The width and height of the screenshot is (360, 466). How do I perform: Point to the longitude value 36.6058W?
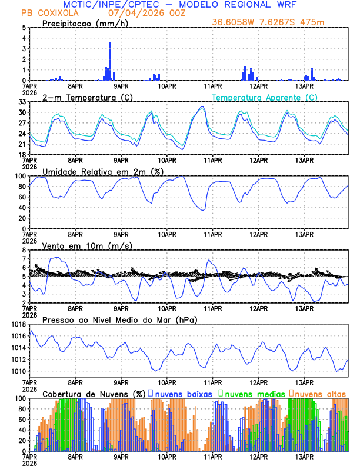tap(235, 22)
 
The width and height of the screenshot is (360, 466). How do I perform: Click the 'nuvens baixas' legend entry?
tap(182, 393)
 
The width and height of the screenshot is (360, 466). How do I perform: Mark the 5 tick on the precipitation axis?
tap(24, 28)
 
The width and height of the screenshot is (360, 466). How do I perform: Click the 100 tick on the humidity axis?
tap(20, 176)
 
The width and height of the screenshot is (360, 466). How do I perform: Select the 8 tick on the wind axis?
tap(24, 250)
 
